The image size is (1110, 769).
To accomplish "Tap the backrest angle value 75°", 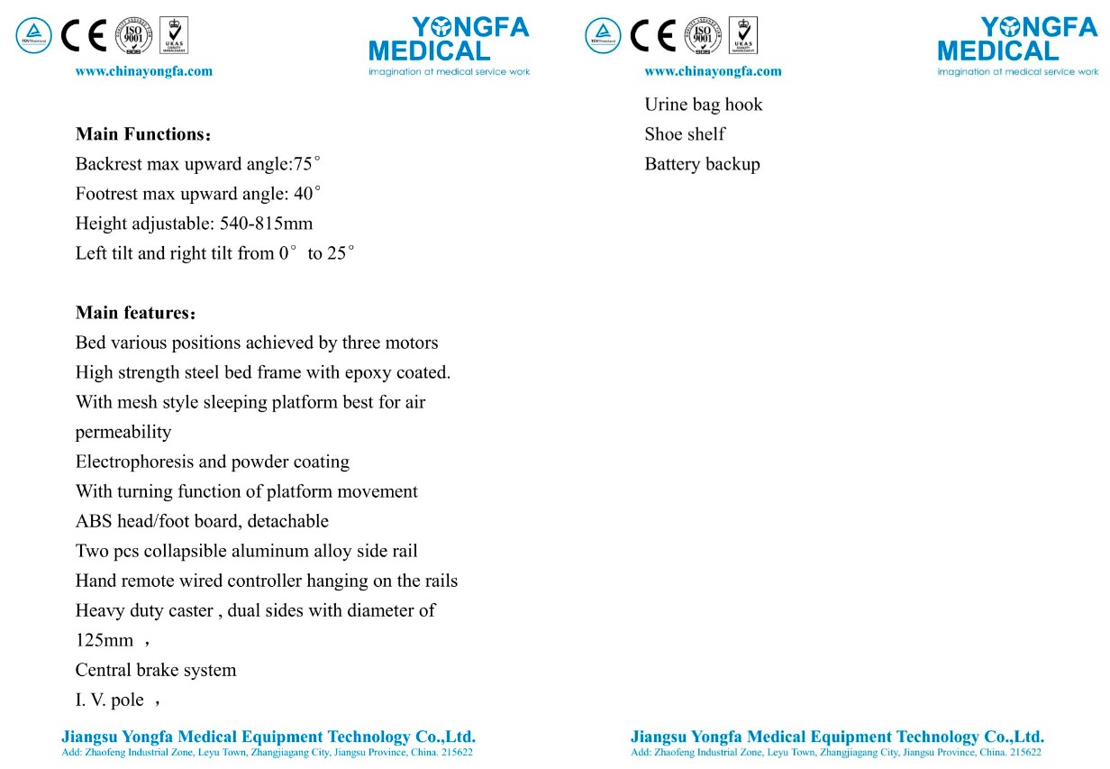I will (x=307, y=164).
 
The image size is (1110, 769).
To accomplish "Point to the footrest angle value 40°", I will (x=307, y=194).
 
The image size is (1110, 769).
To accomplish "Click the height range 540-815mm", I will (x=266, y=224).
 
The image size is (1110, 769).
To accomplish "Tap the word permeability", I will (x=123, y=432).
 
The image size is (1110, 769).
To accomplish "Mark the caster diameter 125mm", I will (x=104, y=640).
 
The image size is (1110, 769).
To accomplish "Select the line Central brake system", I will (x=156, y=670).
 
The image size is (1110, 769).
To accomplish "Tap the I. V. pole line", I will (x=110, y=700).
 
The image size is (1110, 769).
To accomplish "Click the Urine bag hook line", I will (x=703, y=105).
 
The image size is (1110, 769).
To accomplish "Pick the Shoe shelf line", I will (x=685, y=134).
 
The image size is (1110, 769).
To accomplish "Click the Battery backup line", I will (x=702, y=164).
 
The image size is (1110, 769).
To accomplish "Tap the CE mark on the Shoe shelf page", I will (x=652, y=35).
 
